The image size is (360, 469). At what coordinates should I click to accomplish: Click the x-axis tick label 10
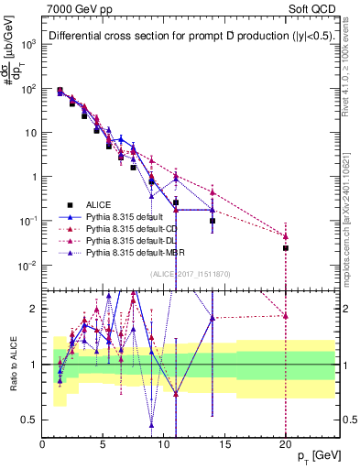click(x=164, y=445)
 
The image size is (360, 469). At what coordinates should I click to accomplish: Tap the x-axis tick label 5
click(x=104, y=445)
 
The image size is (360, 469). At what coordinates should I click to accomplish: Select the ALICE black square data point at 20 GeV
click(x=286, y=248)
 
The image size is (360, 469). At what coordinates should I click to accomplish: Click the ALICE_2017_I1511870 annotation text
click(x=182, y=272)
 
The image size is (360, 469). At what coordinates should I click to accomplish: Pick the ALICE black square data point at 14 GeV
click(x=213, y=221)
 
